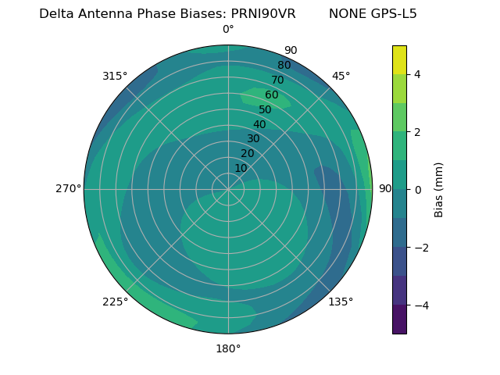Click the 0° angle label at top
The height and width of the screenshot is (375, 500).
(228, 30)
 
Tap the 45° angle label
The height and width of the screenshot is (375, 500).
(341, 76)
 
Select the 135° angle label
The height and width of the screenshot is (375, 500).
(341, 302)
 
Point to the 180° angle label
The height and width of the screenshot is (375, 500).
(228, 348)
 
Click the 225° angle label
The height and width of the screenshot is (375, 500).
(115, 302)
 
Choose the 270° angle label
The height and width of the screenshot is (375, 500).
(68, 188)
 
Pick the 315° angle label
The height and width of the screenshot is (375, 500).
(115, 76)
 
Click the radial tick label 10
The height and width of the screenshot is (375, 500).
(241, 168)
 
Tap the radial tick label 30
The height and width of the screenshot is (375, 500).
(253, 139)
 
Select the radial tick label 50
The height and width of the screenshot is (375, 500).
(266, 109)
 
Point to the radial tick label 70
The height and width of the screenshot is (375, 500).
(278, 80)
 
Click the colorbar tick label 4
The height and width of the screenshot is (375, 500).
(418, 74)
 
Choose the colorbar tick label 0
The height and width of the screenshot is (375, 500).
(418, 189)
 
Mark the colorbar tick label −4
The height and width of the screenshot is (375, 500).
(418, 305)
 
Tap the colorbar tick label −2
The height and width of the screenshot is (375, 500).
(418, 247)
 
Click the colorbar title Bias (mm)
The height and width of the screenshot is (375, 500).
(439, 190)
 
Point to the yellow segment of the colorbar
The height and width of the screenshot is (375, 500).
(399, 59)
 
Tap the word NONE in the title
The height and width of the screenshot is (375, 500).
(345, 14)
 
